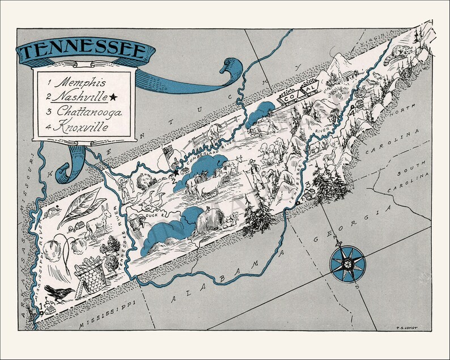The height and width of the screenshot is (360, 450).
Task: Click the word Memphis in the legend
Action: [x=85, y=83]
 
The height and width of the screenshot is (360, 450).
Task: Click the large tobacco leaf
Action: [x=82, y=206]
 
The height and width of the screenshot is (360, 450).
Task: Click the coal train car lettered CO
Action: [x=288, y=98]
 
